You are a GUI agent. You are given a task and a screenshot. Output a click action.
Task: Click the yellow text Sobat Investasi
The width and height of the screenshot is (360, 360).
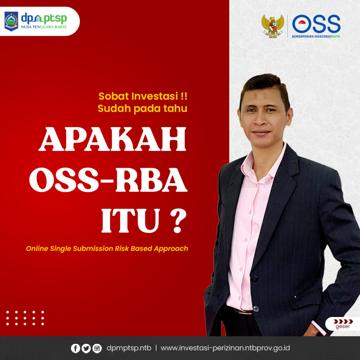pyautogui.click(x=143, y=96)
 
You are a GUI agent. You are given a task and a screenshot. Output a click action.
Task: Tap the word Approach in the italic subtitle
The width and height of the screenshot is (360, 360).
pyautogui.click(x=171, y=249)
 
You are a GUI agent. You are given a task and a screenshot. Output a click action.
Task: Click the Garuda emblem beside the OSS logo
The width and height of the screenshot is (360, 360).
pyautogui.click(x=273, y=26)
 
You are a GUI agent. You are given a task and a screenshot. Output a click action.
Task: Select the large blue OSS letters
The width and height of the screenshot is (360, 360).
pyautogui.click(x=316, y=24)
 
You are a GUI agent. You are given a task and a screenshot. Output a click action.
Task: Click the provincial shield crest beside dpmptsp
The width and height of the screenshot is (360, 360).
pyautogui.click(x=11, y=21)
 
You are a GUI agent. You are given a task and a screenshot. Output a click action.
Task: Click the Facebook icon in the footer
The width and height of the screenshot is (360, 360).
pyautogui.click(x=75, y=348)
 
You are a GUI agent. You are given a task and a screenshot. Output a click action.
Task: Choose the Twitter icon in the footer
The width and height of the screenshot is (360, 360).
pyautogui.click(x=86, y=348)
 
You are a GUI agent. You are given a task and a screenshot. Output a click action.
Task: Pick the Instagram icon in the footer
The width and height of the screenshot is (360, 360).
pyautogui.click(x=97, y=348)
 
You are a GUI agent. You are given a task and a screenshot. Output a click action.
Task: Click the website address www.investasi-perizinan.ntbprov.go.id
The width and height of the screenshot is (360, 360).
pyautogui.click(x=225, y=348)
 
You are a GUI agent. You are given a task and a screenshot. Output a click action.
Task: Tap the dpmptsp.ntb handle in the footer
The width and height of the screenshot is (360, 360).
pyautogui.click(x=129, y=348)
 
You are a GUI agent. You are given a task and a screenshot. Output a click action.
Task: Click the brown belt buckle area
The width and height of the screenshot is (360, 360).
pyautogui.click(x=243, y=311)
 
